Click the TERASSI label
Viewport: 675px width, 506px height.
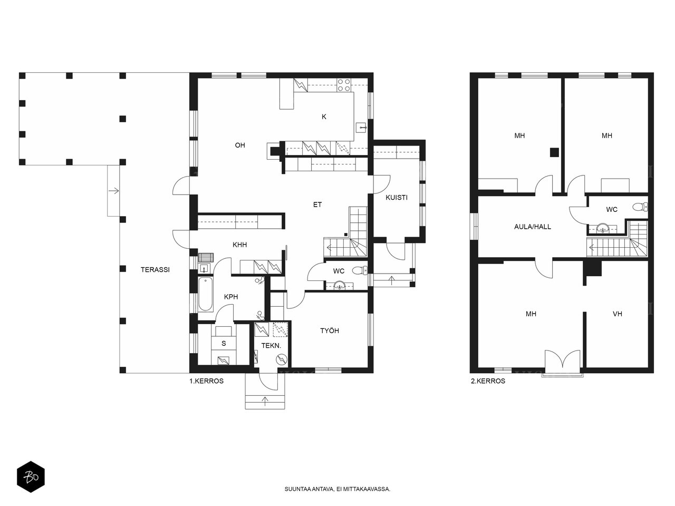tap(155, 270)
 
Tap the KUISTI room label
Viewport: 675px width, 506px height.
tap(397, 198)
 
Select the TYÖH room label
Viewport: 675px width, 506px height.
tap(330, 330)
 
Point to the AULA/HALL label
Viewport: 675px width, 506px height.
tap(532, 227)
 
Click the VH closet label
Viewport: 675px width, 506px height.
tap(618, 314)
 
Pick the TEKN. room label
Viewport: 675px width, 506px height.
tap(271, 346)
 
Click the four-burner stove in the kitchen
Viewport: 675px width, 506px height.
tap(344, 85)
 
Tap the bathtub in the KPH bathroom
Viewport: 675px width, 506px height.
tap(206, 294)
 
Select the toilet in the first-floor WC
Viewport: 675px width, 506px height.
tap(360, 270)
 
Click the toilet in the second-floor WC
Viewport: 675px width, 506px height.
tap(640, 207)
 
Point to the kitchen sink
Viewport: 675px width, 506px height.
tap(361, 127)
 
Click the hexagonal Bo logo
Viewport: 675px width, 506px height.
tap(31, 476)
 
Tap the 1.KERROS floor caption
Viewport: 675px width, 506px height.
tap(206, 381)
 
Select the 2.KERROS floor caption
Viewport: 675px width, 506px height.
tap(488, 381)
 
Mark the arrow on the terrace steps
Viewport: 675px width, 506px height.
tap(114, 191)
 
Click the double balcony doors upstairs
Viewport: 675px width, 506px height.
tap(563, 359)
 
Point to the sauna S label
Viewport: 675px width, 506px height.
tap(224, 343)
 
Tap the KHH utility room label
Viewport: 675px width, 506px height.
tap(239, 245)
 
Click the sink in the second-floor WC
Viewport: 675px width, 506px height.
tap(602, 228)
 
